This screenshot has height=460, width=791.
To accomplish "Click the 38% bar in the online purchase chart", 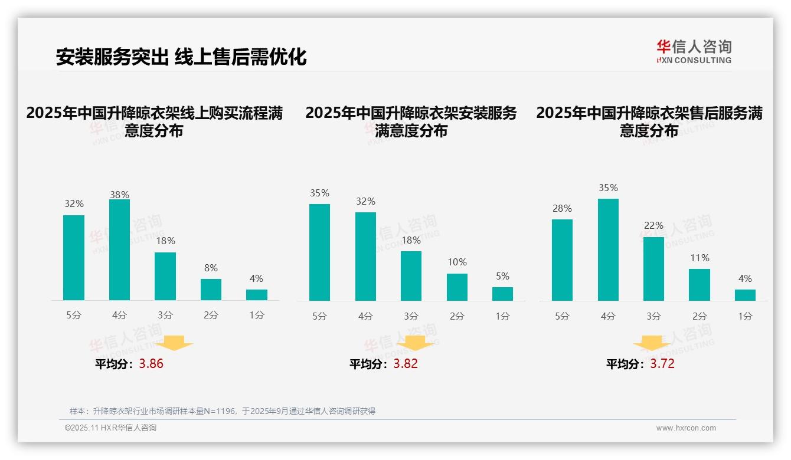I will tap(119, 250).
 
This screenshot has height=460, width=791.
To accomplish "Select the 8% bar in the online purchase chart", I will tap(211, 290).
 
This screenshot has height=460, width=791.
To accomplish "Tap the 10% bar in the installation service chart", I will tap(457, 287).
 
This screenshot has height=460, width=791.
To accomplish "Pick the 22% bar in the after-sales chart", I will tap(653, 269).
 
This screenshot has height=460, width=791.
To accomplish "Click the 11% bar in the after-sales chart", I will tap(700, 285).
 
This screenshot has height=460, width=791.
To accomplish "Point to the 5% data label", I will tap(502, 276).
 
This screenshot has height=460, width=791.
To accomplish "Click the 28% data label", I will tap(562, 208).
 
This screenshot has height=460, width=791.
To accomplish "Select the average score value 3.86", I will tap(151, 364).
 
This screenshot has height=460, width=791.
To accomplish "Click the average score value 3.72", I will tap(662, 364).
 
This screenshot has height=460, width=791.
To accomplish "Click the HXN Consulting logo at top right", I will tap(694, 51).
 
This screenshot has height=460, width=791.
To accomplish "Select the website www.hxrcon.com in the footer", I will tap(686, 428).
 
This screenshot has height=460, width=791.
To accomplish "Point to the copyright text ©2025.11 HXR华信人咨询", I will tap(110, 428).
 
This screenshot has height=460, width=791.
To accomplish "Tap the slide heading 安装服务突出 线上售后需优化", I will tap(181, 57).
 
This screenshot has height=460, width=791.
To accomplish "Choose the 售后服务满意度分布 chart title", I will tap(649, 121).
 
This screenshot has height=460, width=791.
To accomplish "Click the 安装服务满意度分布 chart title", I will tap(411, 121).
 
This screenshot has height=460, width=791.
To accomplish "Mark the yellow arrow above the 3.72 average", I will tap(652, 343).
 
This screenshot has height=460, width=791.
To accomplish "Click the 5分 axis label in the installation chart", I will tap(319, 317).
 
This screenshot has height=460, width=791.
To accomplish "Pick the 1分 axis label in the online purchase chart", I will tap(257, 316).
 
